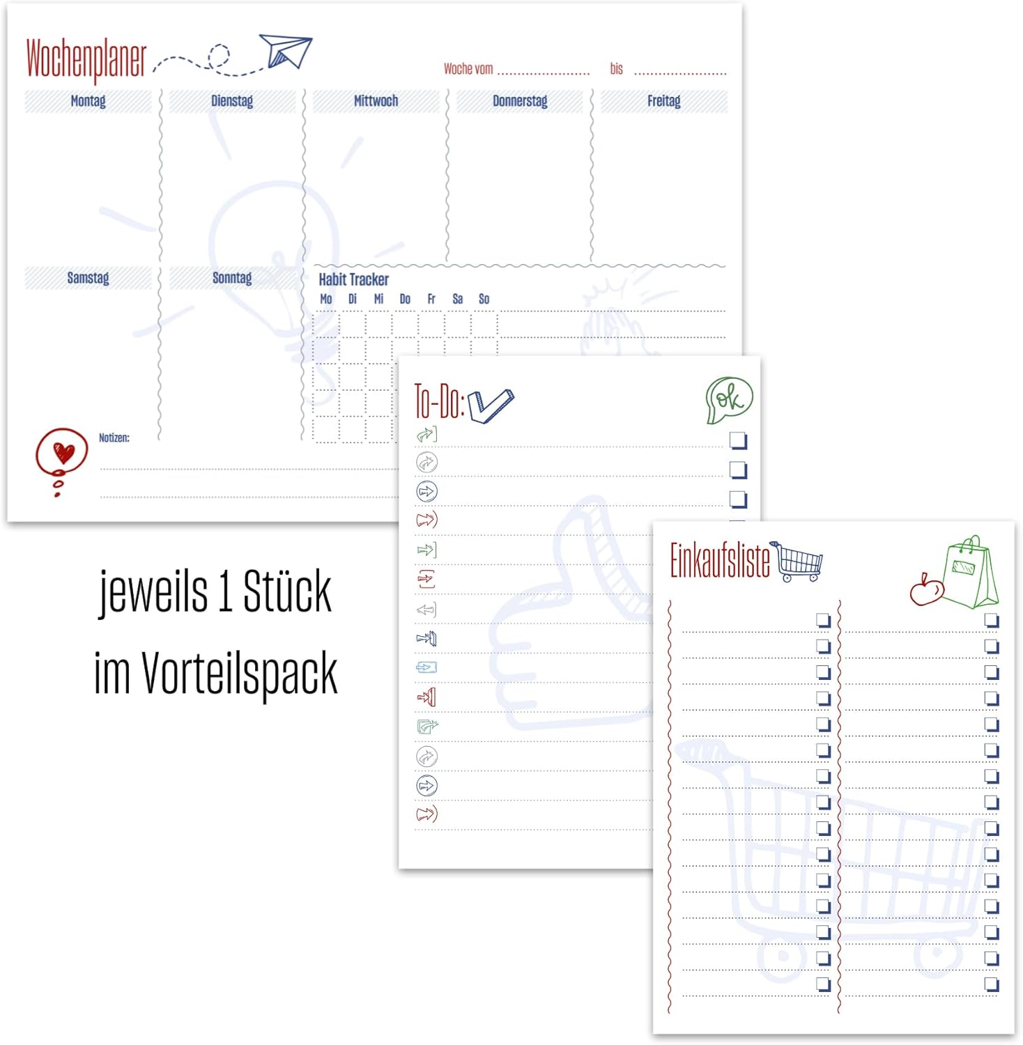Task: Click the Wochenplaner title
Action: point(86,59)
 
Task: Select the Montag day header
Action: point(88,101)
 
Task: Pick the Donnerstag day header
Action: point(520,101)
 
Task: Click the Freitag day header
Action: point(663,101)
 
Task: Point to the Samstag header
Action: point(88,278)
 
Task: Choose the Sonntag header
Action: point(232,278)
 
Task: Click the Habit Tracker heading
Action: point(353,279)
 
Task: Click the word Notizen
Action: point(114,438)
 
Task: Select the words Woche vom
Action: point(468,69)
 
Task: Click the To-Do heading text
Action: point(438,401)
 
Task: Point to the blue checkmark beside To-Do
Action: point(491,405)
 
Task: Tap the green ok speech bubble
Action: point(729,399)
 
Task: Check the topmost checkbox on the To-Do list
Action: point(738,440)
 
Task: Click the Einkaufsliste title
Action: point(720,561)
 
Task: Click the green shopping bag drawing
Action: point(971,573)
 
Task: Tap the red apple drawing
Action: point(926,591)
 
